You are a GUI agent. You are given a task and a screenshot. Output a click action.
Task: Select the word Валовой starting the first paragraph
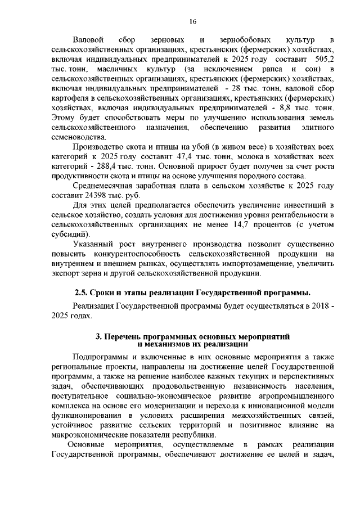(x=89, y=40)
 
